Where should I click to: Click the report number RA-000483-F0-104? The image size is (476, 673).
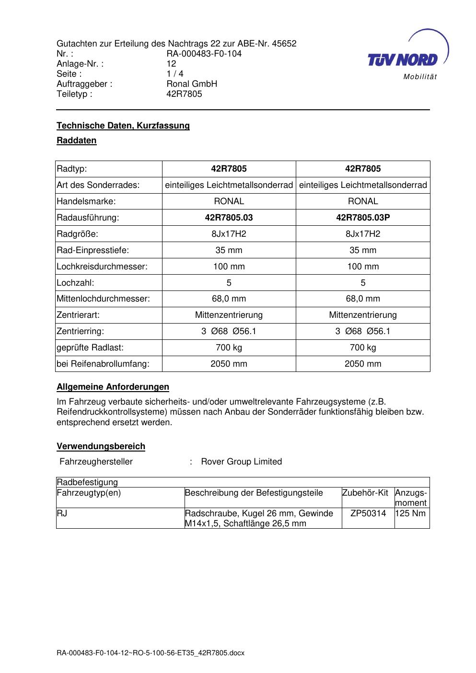[x=204, y=54]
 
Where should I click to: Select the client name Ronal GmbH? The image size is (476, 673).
[x=192, y=84]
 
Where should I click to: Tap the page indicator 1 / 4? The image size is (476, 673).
[x=174, y=74]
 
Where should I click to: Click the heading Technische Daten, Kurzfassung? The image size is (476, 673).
[x=123, y=126]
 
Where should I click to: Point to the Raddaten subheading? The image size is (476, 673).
[x=77, y=140]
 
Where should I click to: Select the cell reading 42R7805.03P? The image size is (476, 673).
[x=363, y=218]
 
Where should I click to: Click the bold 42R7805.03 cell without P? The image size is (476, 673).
[x=229, y=218]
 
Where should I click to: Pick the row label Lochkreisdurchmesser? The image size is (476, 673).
[x=102, y=267]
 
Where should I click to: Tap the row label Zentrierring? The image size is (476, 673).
[x=80, y=331]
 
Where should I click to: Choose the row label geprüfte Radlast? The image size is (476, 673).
[x=90, y=348]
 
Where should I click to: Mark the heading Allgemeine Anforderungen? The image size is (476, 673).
[x=113, y=387]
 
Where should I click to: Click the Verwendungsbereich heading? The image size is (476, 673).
[x=101, y=446]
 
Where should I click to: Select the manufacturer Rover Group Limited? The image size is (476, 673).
[x=241, y=462]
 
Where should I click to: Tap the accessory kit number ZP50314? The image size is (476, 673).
[x=368, y=513]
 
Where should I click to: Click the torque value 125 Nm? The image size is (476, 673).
[x=411, y=513]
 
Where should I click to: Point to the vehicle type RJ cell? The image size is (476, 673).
[x=62, y=513]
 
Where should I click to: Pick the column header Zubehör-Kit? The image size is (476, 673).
[x=365, y=493]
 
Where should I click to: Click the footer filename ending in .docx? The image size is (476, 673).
[x=151, y=653]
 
